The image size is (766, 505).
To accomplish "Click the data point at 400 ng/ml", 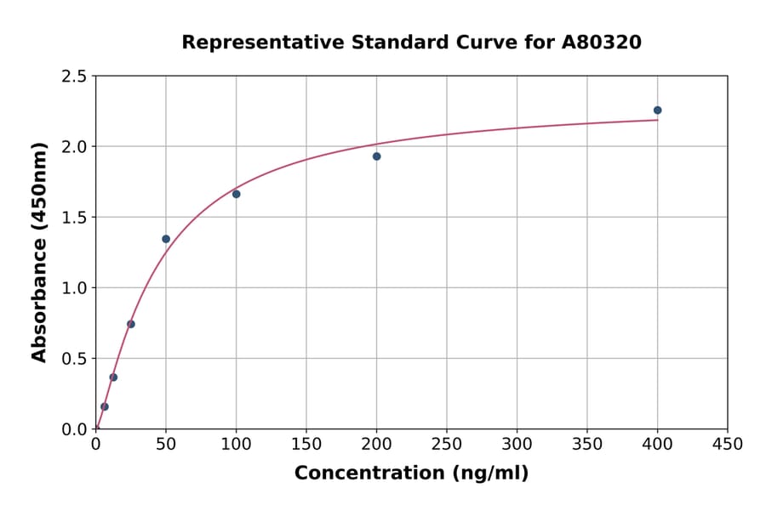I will click(657, 110).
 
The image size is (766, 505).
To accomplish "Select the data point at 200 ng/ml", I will click(376, 156).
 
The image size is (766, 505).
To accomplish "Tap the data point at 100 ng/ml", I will click(236, 194).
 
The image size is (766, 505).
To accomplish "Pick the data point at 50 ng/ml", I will click(166, 239).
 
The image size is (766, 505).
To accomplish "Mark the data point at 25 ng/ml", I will click(131, 324).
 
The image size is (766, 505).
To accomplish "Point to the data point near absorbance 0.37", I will click(113, 377).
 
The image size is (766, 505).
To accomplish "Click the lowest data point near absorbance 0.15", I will click(105, 406).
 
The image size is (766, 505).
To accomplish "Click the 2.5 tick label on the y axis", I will click(73, 77).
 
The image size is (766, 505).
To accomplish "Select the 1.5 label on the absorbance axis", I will click(73, 218).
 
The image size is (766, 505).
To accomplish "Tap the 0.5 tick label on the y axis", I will click(73, 359).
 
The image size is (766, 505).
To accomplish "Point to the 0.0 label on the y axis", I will click(73, 429).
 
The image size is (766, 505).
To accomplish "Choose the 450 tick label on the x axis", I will click(728, 444).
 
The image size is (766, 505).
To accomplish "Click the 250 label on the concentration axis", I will click(447, 444).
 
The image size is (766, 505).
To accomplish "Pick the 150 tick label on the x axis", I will click(306, 444).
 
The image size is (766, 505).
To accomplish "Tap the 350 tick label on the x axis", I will click(587, 444).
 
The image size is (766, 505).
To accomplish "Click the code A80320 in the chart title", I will click(602, 43).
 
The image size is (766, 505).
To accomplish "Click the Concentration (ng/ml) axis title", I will click(411, 474).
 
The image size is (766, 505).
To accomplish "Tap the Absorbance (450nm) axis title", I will click(39, 252).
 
